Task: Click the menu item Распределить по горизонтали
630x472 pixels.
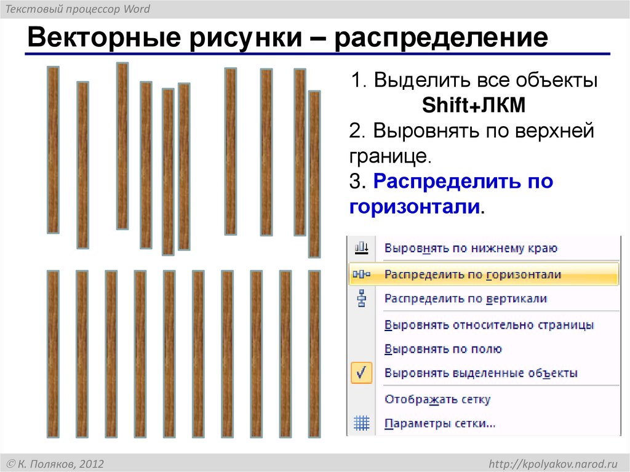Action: coord(472,274)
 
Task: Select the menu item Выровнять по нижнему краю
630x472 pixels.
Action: coord(471,249)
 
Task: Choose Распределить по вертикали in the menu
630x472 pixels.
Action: coord(465,299)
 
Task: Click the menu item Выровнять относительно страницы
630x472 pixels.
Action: coord(489,325)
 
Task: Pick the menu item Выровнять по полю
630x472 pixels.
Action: coord(443,349)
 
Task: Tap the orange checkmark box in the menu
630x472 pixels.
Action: coord(361,373)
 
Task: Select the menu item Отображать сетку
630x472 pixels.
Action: coord(437,399)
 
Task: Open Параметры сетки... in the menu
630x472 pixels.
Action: coord(440,423)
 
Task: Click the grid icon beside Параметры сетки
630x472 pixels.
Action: coord(361,423)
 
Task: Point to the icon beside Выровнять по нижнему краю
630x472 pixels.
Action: coord(361,248)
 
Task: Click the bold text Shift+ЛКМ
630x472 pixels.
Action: coord(474,106)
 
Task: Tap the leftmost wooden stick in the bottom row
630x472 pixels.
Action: coord(53,353)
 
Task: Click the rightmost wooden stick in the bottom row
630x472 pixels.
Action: coord(314,353)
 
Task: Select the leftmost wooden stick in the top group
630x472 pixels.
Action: coord(53,150)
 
